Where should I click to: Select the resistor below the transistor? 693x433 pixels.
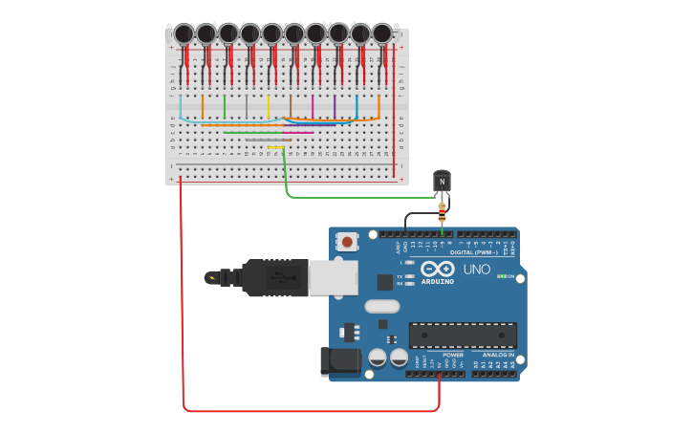click(442, 213)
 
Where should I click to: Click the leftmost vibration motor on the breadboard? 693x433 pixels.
click(184, 34)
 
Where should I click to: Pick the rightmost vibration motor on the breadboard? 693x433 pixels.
click(381, 33)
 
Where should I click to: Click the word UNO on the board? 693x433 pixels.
click(476, 270)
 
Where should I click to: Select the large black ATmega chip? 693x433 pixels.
click(463, 336)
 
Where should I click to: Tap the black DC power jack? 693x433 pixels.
click(339, 362)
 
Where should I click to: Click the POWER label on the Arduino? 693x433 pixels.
click(453, 355)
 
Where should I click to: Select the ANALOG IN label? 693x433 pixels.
click(497, 355)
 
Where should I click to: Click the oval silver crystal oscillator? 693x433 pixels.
click(381, 307)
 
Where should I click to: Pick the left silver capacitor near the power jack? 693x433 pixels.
click(378, 357)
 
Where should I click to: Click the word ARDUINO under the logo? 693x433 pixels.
click(437, 281)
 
